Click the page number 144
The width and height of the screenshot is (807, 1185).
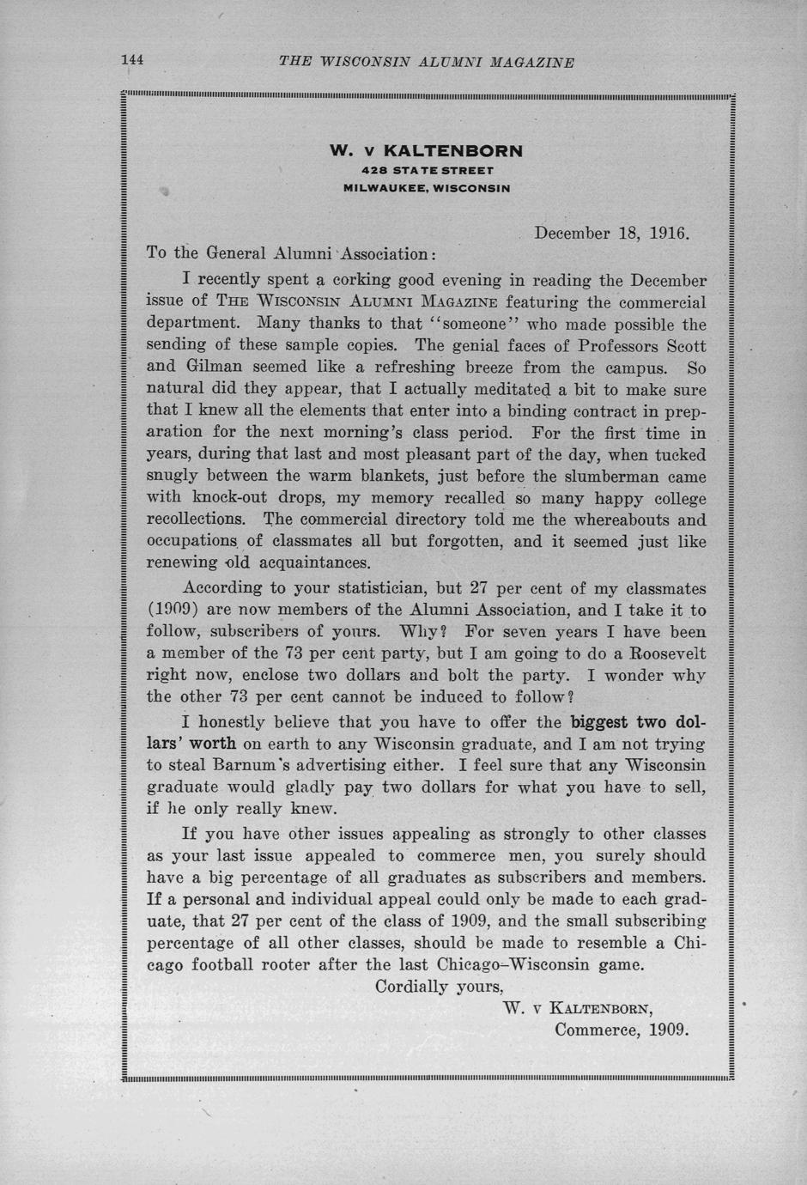132,60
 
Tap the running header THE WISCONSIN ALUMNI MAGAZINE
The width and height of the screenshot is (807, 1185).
427,62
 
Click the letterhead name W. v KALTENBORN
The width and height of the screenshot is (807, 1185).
426,150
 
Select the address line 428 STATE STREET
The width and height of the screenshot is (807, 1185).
427,171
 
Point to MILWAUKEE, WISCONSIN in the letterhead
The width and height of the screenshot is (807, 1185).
427,187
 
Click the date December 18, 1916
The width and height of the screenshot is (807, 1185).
612,233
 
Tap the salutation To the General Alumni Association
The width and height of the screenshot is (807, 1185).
291,253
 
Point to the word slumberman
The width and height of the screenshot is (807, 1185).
614,477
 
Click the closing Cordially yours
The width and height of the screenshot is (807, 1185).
439,986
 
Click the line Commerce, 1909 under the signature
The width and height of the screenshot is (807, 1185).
622,1029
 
